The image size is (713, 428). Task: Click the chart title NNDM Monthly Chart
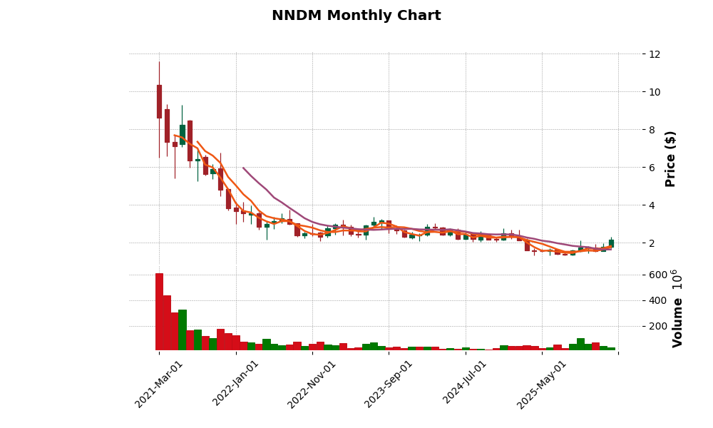pyautogui.click(x=356, y=16)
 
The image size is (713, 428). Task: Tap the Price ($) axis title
pyautogui.click(x=670, y=158)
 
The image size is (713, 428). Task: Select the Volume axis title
pyautogui.click(x=677, y=308)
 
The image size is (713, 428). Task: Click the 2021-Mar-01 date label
pyautogui.click(x=160, y=383)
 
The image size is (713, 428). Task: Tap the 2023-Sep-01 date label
pyautogui.click(x=389, y=383)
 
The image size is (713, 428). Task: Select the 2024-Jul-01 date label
pyautogui.click(x=466, y=383)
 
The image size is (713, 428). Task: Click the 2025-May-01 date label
pyautogui.click(x=542, y=383)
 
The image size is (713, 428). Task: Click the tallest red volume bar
pyautogui.click(x=159, y=312)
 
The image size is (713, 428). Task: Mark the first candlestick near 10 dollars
pyautogui.click(x=159, y=101)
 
